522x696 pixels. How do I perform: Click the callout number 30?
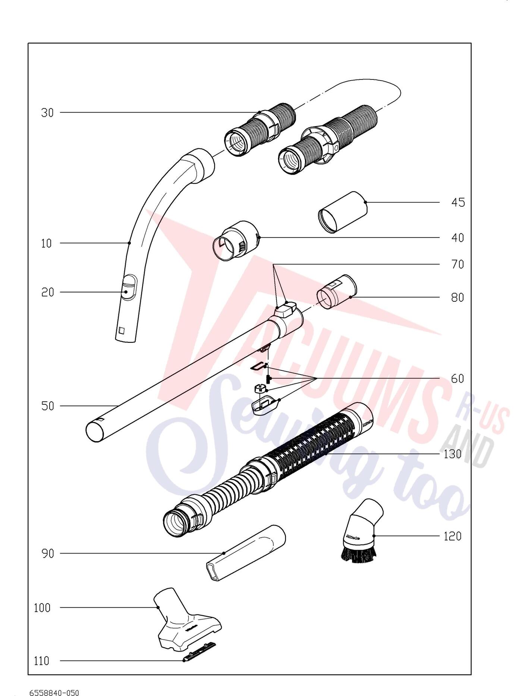coord(47,113)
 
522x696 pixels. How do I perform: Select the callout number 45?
coord(458,203)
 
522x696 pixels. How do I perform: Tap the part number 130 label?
coord(453,454)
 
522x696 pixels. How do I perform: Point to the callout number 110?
coord(41,661)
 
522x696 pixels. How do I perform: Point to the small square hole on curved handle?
coord(122,330)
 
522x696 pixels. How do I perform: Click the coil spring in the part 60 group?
coord(268,379)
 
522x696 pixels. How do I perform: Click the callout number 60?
coord(457,379)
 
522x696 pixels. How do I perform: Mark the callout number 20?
coord(48,292)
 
